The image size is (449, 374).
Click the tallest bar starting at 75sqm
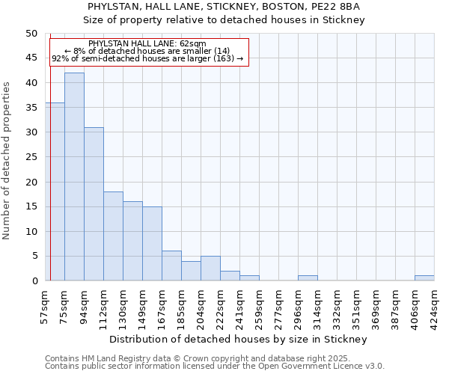[74, 177]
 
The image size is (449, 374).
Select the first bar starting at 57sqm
[55, 191]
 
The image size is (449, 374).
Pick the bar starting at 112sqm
[113, 236]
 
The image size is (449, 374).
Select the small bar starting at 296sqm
[308, 278]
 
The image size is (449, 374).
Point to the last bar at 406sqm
[424, 278]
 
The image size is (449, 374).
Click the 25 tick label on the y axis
[31, 157]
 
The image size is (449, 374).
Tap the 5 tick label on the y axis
[34, 257]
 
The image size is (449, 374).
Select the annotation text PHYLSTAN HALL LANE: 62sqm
[147, 43]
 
